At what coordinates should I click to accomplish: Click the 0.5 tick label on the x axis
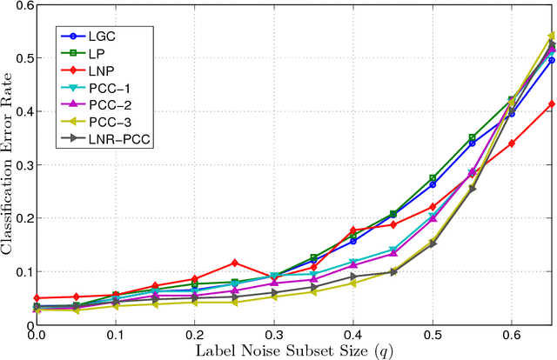coord(432,335)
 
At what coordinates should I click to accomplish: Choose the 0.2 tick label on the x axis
coord(194,335)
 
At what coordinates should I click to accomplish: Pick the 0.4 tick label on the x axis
coord(352,335)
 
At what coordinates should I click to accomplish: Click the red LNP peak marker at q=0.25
coord(234,263)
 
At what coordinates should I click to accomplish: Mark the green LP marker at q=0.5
coord(432,177)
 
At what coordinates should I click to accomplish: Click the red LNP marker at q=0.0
coord(37,298)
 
